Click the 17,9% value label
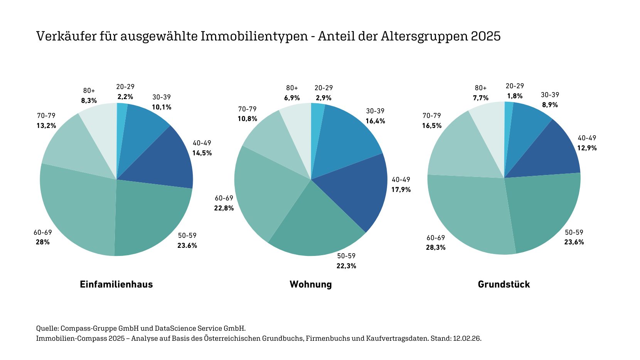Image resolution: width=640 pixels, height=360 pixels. pos(401,190)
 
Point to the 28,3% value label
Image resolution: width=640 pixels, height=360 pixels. pos(436,247)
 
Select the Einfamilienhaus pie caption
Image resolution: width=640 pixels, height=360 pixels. pos(116,284)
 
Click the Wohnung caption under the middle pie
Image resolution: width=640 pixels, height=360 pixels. pos(311,284)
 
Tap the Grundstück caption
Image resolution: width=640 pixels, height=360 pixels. pos(504,284)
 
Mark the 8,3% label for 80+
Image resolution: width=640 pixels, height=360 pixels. pos(89,101)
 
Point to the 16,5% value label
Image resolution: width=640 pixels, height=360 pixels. pos(432,126)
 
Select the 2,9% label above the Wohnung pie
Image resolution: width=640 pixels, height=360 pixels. pos(323,98)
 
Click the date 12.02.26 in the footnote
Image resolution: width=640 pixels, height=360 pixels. pos(467,338)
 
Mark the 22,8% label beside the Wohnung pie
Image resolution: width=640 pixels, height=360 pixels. pos(224,208)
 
